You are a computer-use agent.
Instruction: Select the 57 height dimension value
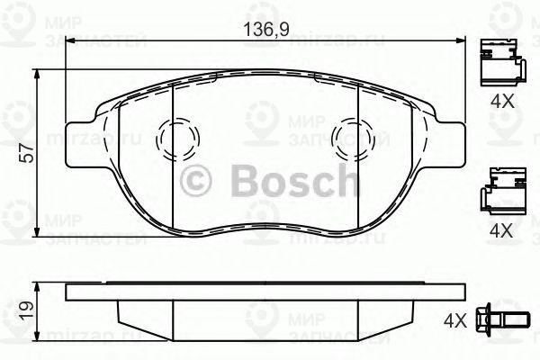(x=26, y=155)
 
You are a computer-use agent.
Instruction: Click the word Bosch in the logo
(x=283, y=182)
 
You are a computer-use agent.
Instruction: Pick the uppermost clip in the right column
(x=501, y=60)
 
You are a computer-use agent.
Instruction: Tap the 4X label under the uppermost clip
(x=500, y=102)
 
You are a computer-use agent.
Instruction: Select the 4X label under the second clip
(x=500, y=230)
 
